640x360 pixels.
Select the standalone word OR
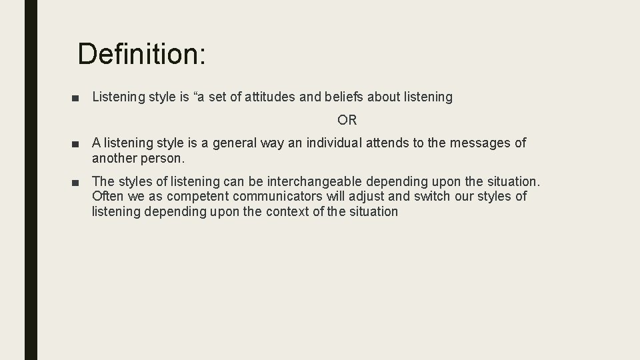coord(347,121)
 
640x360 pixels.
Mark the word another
coord(114,159)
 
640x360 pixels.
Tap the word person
coord(163,159)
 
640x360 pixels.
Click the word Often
coord(107,197)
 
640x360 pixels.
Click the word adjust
coord(353,197)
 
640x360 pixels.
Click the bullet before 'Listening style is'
coord(81,98)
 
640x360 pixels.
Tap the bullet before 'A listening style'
coord(81,143)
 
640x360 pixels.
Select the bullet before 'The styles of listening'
coord(81,182)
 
